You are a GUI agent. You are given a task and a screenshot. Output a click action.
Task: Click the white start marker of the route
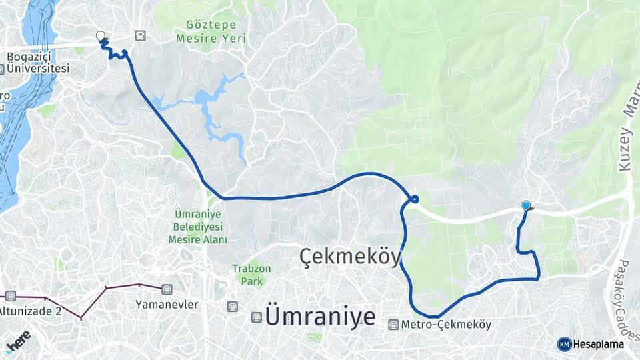101,35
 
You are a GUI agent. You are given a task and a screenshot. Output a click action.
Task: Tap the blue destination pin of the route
526,206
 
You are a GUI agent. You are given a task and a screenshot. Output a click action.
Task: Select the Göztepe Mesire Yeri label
211,31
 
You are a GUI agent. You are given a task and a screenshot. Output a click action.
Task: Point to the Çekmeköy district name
350,256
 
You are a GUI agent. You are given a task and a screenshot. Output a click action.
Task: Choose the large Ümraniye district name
320,316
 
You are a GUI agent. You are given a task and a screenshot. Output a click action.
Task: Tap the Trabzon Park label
248,275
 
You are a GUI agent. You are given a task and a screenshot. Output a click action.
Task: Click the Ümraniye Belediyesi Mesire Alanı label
198,227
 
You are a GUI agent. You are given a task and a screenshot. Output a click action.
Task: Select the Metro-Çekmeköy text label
447,325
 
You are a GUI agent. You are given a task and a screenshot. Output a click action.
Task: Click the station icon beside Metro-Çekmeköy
394,325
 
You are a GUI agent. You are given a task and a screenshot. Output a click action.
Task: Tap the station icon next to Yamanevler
166,289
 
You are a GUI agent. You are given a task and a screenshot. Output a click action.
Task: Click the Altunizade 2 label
30,310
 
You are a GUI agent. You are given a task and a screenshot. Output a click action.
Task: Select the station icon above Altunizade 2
10,295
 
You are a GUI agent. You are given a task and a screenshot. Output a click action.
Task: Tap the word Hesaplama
598,344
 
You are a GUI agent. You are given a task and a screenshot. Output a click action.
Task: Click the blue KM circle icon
564,344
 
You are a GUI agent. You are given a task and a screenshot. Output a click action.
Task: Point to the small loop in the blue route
415,199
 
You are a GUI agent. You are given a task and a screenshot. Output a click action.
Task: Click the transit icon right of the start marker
139,35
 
